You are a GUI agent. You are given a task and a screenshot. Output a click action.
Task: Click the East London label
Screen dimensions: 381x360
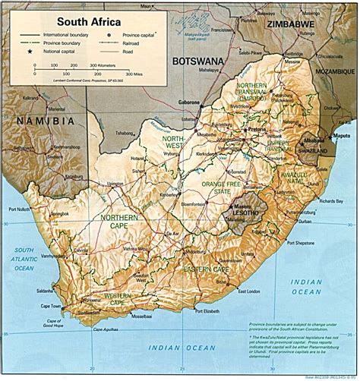pyautogui.click(x=252, y=291)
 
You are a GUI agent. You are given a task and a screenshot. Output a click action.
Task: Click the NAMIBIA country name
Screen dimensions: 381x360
pyautogui.click(x=43, y=121)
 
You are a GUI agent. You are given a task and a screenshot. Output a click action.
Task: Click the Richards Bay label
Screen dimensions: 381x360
pyautogui.click(x=329, y=201)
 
